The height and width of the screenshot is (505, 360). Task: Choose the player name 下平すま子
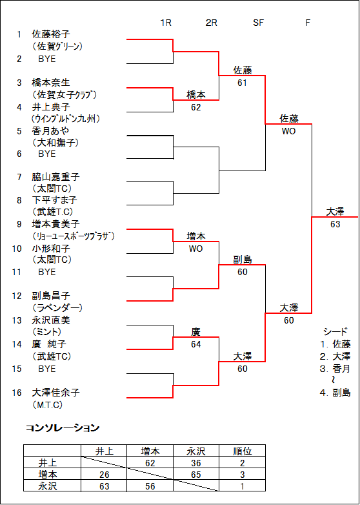click(x=55, y=200)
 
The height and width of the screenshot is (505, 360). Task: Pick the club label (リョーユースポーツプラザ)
click(x=74, y=236)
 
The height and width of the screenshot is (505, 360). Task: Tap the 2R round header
click(x=211, y=23)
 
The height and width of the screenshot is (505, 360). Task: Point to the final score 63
click(x=335, y=225)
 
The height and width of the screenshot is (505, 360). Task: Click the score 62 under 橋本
click(x=195, y=107)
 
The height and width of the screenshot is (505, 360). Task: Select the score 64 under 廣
click(x=195, y=344)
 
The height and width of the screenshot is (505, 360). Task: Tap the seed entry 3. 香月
click(x=335, y=369)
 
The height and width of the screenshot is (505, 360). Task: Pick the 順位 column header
click(x=242, y=451)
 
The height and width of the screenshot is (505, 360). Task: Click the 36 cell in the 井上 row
click(x=195, y=463)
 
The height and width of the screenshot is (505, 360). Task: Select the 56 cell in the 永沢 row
click(x=150, y=486)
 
